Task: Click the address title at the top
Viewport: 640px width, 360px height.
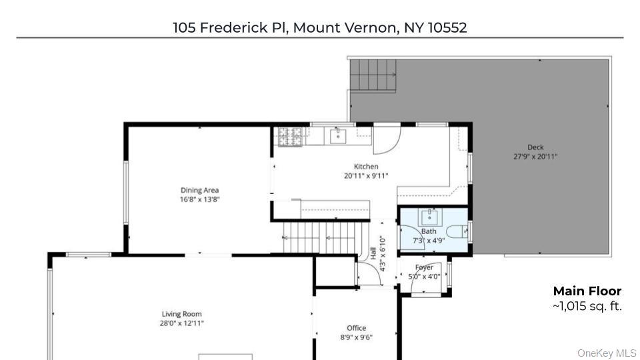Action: click(319, 27)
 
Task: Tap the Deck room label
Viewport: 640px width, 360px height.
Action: click(535, 147)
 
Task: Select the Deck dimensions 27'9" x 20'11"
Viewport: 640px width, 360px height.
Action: click(535, 157)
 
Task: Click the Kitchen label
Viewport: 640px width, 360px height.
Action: click(366, 167)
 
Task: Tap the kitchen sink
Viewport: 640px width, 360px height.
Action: click(339, 135)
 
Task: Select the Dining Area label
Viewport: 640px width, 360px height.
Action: click(199, 190)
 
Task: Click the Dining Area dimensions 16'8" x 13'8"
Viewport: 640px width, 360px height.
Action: click(199, 199)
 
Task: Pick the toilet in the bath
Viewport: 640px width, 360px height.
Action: click(458, 232)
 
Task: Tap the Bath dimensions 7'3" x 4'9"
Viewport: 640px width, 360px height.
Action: click(428, 240)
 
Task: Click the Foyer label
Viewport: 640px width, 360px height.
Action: click(424, 267)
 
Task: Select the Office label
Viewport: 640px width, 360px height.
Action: click(356, 328)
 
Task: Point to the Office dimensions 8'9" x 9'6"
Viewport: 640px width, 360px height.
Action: click(356, 337)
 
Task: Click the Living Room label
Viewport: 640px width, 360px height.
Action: click(181, 314)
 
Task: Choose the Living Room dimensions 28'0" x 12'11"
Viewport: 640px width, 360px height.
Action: click(181, 323)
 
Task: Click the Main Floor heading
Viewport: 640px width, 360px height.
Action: click(587, 291)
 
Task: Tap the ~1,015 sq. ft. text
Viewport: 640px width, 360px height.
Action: click(587, 307)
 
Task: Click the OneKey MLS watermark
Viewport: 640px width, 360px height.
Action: click(607, 353)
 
